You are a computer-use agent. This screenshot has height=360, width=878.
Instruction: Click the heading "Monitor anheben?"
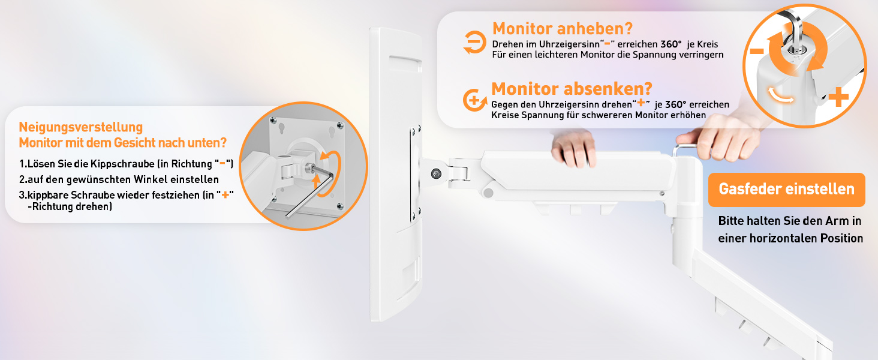tap(563, 29)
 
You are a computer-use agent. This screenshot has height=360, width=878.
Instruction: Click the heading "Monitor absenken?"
tap(572, 89)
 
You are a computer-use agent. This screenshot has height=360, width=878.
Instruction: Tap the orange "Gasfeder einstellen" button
tap(787, 190)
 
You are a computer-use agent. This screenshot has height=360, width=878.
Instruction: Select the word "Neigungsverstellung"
tap(81, 127)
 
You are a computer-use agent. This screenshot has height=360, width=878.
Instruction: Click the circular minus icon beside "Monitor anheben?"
tap(474, 42)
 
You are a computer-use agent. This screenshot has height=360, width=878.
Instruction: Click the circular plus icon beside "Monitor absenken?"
tap(474, 100)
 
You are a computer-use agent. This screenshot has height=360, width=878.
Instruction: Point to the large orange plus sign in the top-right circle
tap(838, 97)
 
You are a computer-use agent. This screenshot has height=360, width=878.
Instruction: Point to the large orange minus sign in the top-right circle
tap(757, 51)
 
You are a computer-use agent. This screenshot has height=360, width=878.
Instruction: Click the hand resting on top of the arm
tap(573, 148)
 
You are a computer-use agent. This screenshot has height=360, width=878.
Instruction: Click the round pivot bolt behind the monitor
tap(436, 174)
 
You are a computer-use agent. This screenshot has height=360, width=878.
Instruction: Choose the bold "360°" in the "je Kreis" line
tap(670, 44)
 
